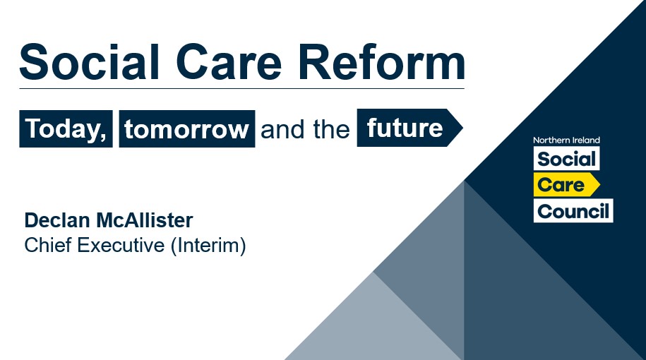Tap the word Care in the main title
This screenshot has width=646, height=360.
coord(229,62)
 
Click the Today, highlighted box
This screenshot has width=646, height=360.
coord(66,128)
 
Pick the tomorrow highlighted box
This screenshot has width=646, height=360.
coord(187,128)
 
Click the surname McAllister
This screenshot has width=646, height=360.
coord(145,220)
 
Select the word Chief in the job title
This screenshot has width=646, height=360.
coord(48,245)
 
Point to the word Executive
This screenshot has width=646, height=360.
coord(121,245)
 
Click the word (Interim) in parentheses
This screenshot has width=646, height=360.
coord(208,246)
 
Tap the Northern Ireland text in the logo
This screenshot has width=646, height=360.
coord(566,140)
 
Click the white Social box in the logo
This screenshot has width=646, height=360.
coord(566,159)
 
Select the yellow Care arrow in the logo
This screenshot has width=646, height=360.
coord(567,184)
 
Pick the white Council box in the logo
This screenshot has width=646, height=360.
coord(573,211)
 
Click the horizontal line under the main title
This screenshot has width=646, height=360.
coord(242,88)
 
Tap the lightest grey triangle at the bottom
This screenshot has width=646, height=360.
coord(373,325)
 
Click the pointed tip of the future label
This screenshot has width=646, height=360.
coord(462,128)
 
